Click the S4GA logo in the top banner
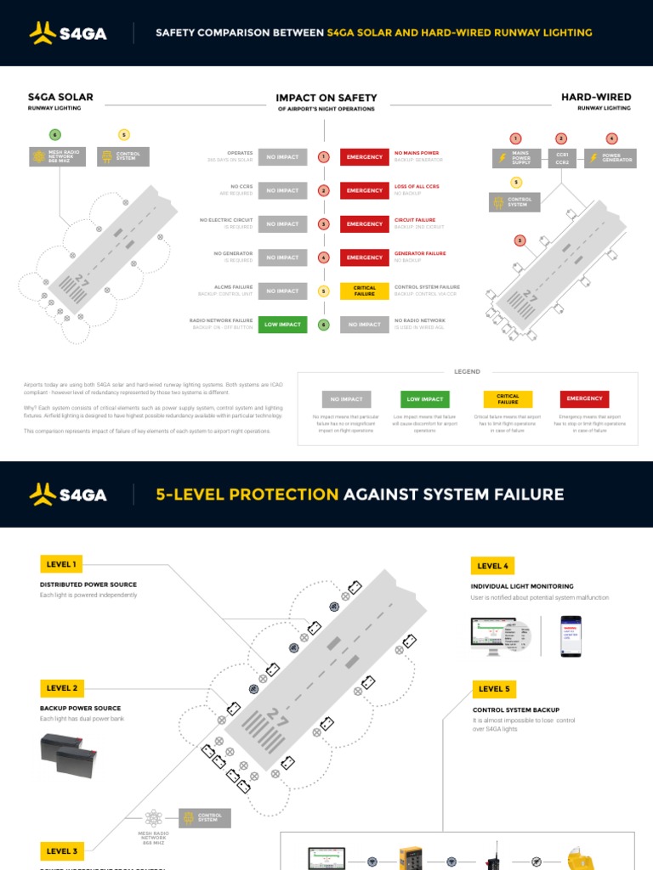pos(67,33)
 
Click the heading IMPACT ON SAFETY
pos(326,98)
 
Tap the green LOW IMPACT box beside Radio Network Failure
pos(282,324)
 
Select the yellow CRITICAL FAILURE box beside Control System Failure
pos(364,291)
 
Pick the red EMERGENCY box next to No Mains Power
pos(364,157)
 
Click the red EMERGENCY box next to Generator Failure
pos(364,257)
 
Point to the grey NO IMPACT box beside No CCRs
pos(282,190)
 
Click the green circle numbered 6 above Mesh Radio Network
pos(55,135)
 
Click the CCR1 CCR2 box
pos(561,158)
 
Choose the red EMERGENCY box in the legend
pos(584,398)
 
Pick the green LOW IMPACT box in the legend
pos(425,398)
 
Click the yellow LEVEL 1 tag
pos(61,564)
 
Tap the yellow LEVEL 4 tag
pos(493,566)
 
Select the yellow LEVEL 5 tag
pos(494,689)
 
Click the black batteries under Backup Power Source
pos(68,756)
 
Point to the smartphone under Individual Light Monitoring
pos(570,637)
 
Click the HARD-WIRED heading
pos(595,98)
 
